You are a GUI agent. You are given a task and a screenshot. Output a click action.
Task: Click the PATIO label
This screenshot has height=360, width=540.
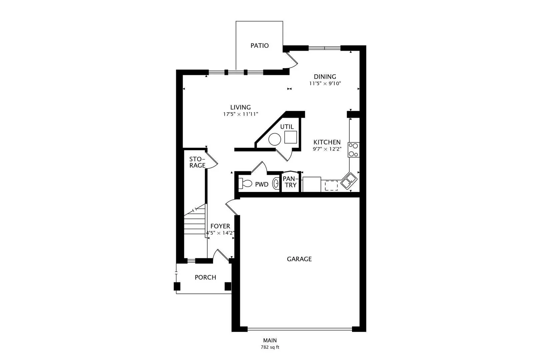(x=259, y=46)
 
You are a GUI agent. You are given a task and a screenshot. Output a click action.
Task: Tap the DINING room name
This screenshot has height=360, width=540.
(x=325, y=77)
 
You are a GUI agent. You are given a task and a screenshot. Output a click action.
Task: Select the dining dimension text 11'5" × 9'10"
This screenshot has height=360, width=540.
(x=325, y=83)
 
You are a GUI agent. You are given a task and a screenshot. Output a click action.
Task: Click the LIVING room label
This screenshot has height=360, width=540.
(x=240, y=107)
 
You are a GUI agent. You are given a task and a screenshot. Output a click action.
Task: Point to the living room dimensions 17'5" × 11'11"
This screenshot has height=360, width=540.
(x=240, y=114)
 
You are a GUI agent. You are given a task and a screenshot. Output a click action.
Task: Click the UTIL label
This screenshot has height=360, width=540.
(x=287, y=127)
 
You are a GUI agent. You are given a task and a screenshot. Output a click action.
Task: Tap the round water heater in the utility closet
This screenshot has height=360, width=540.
(x=275, y=139)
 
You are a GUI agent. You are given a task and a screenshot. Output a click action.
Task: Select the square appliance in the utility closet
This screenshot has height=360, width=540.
(x=290, y=137)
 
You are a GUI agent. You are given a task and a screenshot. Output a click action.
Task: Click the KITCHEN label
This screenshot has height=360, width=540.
(x=327, y=142)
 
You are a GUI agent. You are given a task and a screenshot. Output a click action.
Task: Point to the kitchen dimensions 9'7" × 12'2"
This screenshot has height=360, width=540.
(x=327, y=149)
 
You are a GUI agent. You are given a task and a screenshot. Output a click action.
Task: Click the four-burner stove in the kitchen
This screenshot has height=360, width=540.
(x=353, y=150)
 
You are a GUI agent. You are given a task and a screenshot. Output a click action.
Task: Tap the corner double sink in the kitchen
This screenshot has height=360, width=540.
(x=349, y=181)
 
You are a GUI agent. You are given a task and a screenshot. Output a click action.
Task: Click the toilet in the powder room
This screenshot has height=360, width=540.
(x=245, y=183)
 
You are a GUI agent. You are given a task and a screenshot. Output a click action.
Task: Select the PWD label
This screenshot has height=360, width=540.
(x=262, y=184)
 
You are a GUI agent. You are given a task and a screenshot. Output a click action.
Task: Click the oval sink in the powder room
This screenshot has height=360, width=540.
(x=276, y=183)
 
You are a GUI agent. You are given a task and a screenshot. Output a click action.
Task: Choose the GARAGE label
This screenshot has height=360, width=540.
(x=299, y=259)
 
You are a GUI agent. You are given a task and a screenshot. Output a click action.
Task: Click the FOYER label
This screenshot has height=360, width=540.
(x=220, y=226)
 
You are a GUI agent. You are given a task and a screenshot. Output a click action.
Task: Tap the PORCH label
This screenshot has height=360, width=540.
(x=205, y=277)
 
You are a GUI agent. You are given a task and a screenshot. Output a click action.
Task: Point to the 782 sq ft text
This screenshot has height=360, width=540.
(x=270, y=347)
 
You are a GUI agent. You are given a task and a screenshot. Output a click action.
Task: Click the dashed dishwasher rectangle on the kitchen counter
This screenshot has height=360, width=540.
(x=331, y=186)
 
